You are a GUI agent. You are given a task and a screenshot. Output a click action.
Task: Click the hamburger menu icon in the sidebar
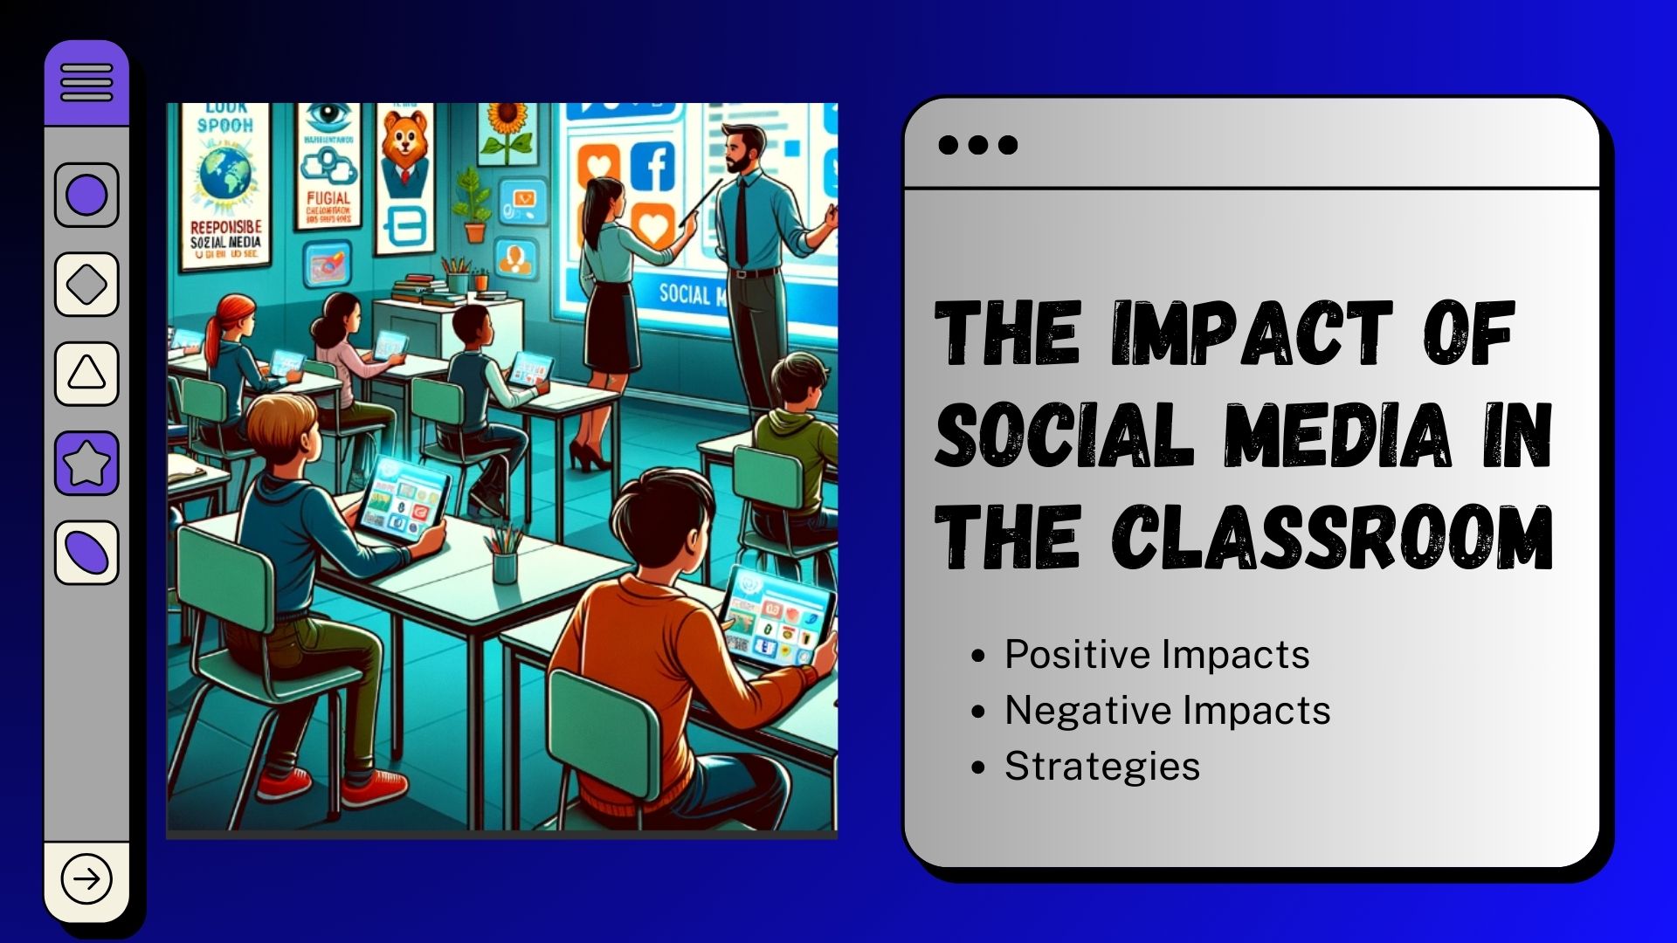pyautogui.click(x=86, y=82)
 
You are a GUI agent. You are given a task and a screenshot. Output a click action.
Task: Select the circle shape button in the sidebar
pyautogui.click(x=86, y=195)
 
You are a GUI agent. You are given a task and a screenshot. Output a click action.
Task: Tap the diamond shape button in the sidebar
pyautogui.click(x=86, y=285)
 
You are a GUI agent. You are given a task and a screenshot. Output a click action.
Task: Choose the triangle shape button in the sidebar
pyautogui.click(x=86, y=374)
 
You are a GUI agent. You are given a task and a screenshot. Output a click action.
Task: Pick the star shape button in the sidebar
pyautogui.click(x=86, y=464)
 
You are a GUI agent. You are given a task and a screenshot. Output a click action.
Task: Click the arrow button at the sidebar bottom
pyautogui.click(x=86, y=878)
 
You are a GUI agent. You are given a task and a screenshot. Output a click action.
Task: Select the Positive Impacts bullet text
pyautogui.click(x=1156, y=655)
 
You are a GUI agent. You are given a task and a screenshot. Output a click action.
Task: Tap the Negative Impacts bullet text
pyautogui.click(x=1167, y=711)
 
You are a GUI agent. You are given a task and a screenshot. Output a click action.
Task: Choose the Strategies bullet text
pyautogui.click(x=1102, y=767)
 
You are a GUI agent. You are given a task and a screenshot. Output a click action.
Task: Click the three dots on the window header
pyautogui.click(x=977, y=145)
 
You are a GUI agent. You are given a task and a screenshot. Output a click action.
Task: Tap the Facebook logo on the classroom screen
pyautogui.click(x=654, y=166)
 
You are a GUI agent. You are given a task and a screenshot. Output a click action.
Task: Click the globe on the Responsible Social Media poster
pyautogui.click(x=225, y=175)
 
